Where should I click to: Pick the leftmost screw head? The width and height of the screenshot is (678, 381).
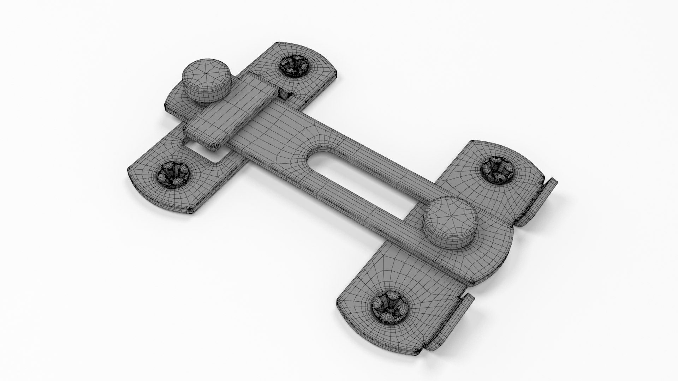(172, 173)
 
